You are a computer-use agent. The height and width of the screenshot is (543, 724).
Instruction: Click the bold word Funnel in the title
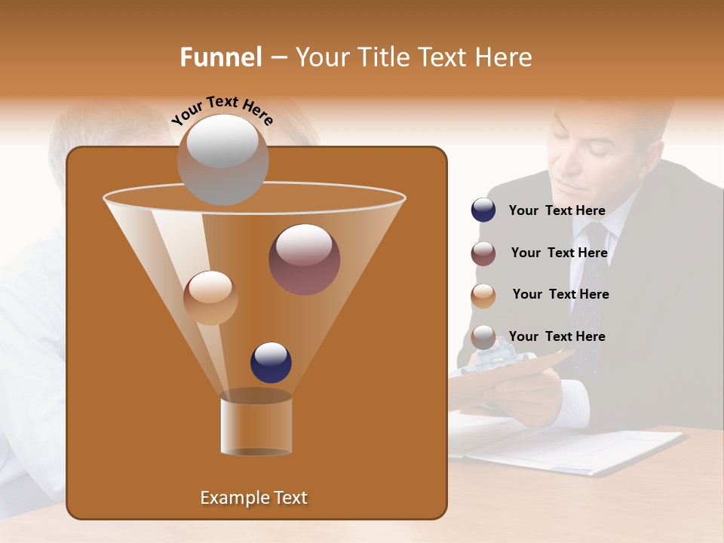click(x=221, y=57)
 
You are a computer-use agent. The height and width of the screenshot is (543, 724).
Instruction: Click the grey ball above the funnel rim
click(x=222, y=159)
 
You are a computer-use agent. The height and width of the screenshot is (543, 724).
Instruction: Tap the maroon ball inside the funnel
click(x=304, y=259)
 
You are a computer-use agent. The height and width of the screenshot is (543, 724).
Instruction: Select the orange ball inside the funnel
click(x=210, y=298)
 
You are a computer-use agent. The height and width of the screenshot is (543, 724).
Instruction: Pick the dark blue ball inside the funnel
click(x=271, y=362)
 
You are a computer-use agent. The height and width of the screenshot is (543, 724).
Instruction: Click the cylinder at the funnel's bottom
click(x=256, y=422)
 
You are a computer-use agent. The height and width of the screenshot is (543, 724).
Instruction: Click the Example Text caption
click(x=254, y=498)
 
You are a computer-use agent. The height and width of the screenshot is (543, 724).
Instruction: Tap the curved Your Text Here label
click(x=222, y=110)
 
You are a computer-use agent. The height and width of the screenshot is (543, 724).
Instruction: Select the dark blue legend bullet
click(x=483, y=210)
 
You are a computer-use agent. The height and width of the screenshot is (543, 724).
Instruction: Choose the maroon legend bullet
click(x=483, y=253)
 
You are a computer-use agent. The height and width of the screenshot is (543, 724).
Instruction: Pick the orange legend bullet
click(x=483, y=296)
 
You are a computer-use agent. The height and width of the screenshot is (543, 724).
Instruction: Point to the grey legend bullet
click(x=483, y=337)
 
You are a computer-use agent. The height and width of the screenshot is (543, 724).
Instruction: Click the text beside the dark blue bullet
click(x=557, y=211)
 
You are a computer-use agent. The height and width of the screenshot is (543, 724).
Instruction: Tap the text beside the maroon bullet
click(x=559, y=253)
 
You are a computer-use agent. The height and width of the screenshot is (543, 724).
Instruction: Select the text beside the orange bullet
click(x=560, y=294)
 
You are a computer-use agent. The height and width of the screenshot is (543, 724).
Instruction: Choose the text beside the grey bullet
click(x=557, y=336)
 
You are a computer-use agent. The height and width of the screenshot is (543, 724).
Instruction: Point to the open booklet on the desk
click(x=573, y=450)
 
